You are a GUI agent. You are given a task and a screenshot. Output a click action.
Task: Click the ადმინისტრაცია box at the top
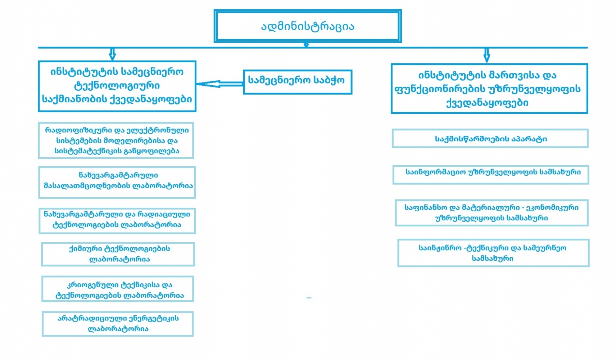point(308,26)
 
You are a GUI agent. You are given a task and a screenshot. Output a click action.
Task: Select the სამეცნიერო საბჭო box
point(297,82)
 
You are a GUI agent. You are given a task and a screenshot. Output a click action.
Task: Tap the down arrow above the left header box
point(112,54)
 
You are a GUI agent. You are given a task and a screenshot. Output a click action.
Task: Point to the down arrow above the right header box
point(487,55)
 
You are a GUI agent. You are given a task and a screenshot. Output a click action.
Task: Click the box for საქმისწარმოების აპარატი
point(490,139)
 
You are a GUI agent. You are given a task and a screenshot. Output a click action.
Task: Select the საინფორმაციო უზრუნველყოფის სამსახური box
point(491,175)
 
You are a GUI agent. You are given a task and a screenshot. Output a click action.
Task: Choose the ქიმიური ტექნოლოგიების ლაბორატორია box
point(118,254)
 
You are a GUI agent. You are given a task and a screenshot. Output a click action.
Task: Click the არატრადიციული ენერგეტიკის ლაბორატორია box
point(118,324)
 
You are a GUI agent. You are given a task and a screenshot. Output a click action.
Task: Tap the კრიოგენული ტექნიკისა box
point(118,289)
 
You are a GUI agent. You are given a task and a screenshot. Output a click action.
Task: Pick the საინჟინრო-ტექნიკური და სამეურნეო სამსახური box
point(493,253)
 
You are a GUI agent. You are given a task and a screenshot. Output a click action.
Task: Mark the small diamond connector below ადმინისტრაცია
point(306,44)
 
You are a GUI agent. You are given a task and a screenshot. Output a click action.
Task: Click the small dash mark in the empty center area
point(309,298)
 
